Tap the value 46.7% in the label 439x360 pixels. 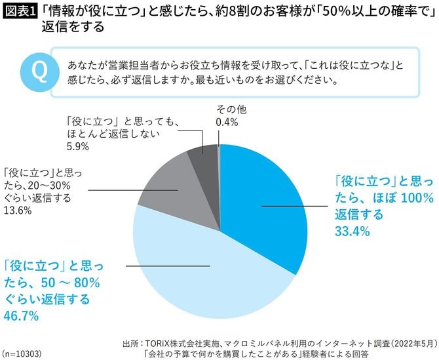22,316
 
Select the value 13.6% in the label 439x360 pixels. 18,210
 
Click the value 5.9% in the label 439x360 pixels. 76,147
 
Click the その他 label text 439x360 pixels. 228,109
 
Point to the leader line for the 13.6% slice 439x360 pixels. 131,191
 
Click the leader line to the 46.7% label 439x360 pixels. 164,266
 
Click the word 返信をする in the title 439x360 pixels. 72,30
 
